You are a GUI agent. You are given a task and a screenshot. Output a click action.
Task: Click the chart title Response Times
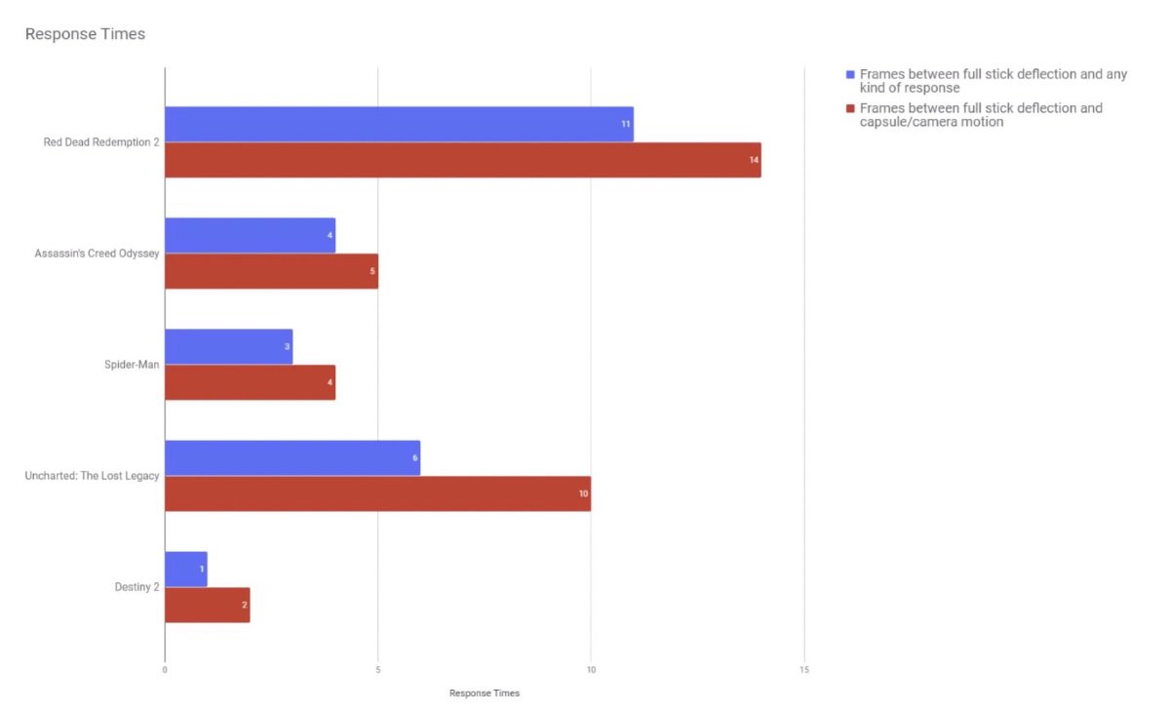[85, 34]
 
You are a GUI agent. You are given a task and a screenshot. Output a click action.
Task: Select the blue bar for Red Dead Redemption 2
[399, 124]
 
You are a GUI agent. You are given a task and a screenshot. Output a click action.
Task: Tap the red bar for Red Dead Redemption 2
[462, 160]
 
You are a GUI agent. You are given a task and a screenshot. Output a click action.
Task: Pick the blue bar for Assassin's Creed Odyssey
[250, 235]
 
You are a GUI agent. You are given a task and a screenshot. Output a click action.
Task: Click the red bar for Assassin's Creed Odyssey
[271, 271]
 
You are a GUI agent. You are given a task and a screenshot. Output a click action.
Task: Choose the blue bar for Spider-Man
[228, 346]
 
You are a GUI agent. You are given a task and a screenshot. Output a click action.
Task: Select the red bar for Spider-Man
[250, 382]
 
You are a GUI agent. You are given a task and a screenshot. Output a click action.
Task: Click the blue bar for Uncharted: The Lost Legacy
[292, 457]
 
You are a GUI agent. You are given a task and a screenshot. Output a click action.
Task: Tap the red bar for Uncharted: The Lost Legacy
[377, 494]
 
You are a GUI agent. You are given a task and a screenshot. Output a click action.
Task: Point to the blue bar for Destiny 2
[185, 569]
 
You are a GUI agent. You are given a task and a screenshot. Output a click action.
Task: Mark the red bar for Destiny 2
[207, 605]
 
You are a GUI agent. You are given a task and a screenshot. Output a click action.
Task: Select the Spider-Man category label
[132, 365]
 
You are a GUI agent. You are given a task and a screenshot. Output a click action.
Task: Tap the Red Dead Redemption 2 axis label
[101, 142]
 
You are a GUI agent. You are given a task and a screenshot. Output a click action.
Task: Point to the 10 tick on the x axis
[591, 670]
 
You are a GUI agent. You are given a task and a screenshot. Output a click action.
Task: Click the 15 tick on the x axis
[803, 670]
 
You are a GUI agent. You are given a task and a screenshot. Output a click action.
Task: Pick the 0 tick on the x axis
[165, 670]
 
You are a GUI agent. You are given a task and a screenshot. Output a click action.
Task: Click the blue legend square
[850, 74]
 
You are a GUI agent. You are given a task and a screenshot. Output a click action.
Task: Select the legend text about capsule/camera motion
[981, 115]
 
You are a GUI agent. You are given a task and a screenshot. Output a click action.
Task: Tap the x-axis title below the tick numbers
[484, 693]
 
